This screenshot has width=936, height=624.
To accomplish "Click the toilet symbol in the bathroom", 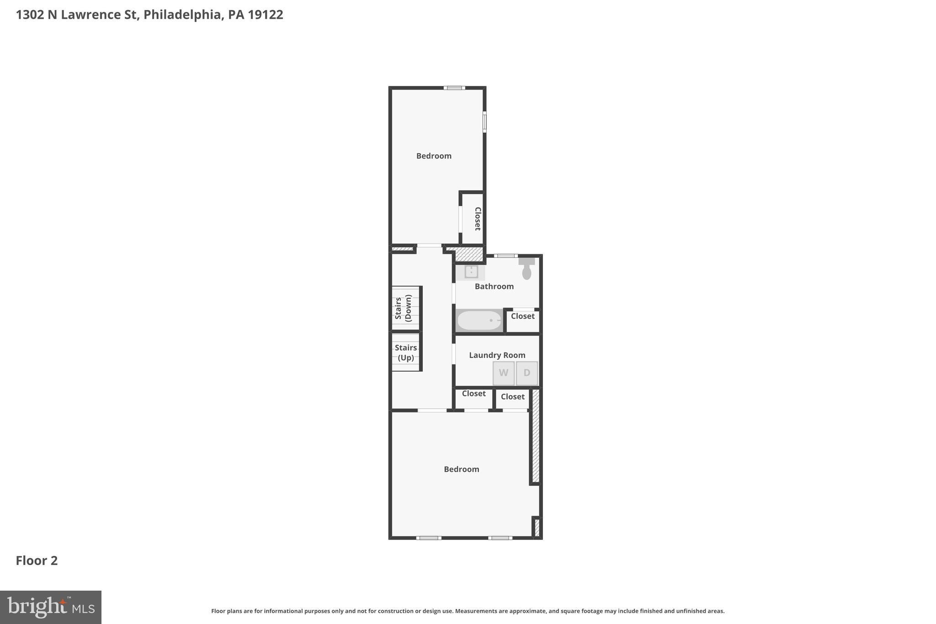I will (x=526, y=269).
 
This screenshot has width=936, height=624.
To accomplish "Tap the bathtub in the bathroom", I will (x=479, y=320).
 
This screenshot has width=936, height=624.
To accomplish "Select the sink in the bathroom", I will (x=471, y=272).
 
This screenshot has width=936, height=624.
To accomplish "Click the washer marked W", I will (x=503, y=373).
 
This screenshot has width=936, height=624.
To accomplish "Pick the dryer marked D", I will (x=526, y=373).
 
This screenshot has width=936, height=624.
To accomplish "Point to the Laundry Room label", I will (x=497, y=355).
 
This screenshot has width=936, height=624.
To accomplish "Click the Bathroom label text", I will (x=494, y=287).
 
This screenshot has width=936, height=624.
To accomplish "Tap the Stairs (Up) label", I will (x=406, y=352).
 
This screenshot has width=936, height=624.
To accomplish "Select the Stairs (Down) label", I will (x=404, y=308).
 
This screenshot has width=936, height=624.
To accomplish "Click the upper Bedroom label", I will (x=434, y=156).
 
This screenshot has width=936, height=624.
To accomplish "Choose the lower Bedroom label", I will (x=461, y=469).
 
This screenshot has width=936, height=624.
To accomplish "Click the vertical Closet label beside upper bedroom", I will (x=478, y=219).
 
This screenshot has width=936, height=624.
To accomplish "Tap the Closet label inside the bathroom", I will (x=522, y=316).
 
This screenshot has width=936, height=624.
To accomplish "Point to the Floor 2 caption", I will (x=37, y=560).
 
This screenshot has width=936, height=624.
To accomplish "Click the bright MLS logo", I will (x=50, y=607).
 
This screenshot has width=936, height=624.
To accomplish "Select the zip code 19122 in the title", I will (x=266, y=15).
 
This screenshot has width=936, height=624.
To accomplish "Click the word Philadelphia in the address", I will (x=182, y=15).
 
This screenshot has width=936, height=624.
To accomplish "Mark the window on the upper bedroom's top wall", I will (x=454, y=88).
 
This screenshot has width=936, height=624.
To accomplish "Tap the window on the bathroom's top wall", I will (x=505, y=256).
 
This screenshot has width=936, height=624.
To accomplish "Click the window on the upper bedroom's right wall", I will (x=484, y=122).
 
